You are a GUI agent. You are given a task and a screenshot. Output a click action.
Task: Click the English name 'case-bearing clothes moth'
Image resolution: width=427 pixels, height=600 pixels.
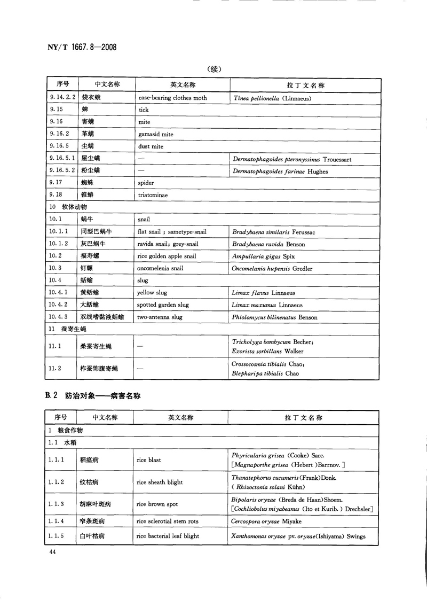[172, 98]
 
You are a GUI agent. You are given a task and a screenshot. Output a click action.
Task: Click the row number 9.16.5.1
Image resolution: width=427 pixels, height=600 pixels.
[62, 159]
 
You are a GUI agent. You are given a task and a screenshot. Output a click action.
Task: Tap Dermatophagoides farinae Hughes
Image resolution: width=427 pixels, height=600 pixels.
[280, 171]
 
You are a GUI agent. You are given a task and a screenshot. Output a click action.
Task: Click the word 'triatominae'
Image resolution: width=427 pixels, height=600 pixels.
[153, 195]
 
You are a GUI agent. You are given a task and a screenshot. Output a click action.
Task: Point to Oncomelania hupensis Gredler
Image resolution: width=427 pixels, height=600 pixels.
[272, 268]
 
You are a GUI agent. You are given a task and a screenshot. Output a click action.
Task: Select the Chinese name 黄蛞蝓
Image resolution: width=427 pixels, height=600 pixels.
[90, 293]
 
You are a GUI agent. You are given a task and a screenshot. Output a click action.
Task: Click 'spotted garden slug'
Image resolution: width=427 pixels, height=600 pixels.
[163, 305]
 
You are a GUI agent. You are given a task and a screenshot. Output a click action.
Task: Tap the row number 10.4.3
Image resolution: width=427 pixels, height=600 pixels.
[58, 317]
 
